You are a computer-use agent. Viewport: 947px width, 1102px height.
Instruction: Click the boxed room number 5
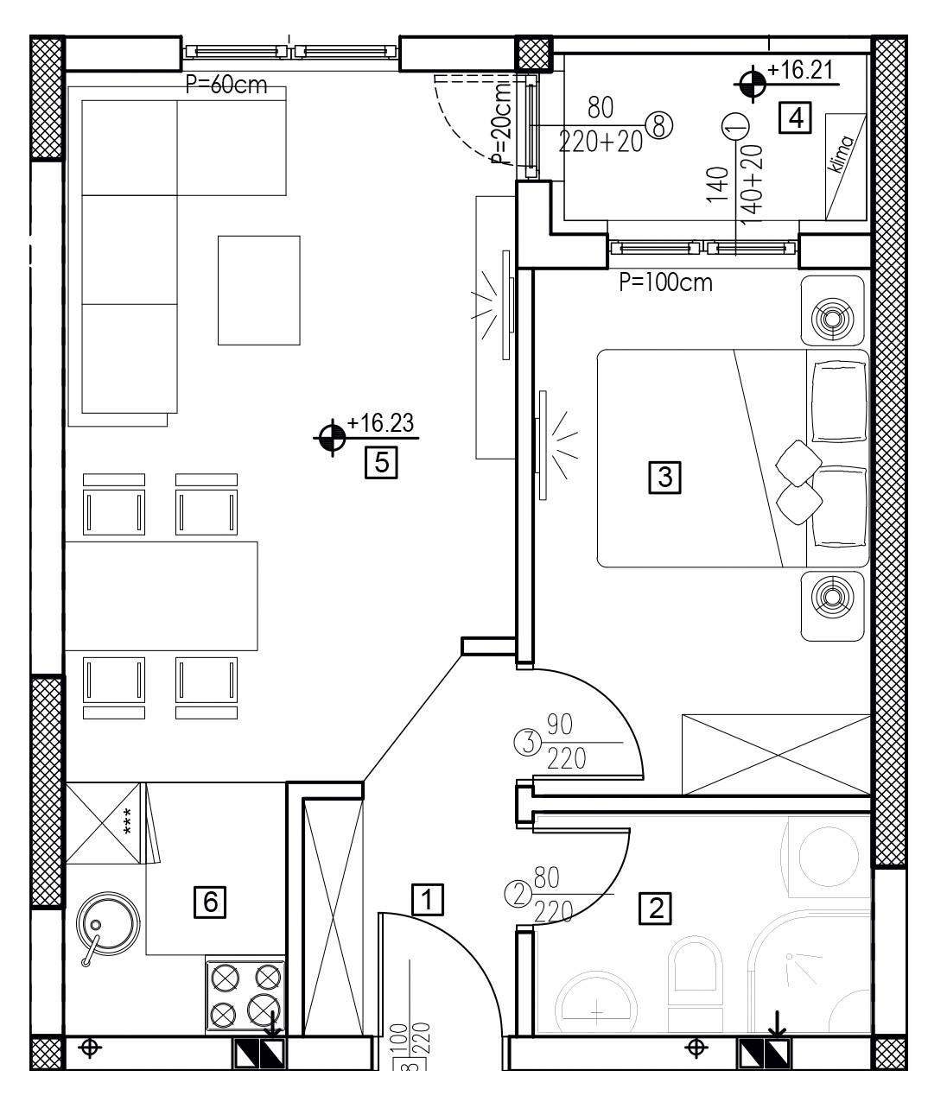click(381, 462)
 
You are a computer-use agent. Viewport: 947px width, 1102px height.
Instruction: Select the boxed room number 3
click(664, 478)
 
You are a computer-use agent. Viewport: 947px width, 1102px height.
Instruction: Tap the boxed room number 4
click(795, 117)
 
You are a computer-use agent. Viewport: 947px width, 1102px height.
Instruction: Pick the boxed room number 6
click(210, 902)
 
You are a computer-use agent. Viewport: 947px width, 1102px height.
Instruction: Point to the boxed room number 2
click(655, 908)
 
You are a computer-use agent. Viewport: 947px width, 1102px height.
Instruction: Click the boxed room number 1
click(428, 900)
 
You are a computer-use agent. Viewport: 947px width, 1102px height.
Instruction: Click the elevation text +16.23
click(380, 423)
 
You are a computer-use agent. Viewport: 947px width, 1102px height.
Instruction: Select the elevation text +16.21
click(800, 70)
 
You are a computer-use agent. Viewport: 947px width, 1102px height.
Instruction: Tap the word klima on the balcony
click(841, 154)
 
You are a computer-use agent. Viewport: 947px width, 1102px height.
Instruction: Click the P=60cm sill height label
click(226, 85)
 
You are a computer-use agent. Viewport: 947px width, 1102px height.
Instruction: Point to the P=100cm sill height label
click(665, 282)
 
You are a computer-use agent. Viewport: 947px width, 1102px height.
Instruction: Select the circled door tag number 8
click(659, 126)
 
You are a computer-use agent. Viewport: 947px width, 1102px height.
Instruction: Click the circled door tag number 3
click(528, 743)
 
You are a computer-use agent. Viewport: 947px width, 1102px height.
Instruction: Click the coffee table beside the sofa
click(258, 290)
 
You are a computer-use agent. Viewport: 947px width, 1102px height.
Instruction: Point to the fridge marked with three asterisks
click(103, 824)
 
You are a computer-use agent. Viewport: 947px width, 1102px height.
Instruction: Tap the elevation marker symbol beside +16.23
click(332, 438)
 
